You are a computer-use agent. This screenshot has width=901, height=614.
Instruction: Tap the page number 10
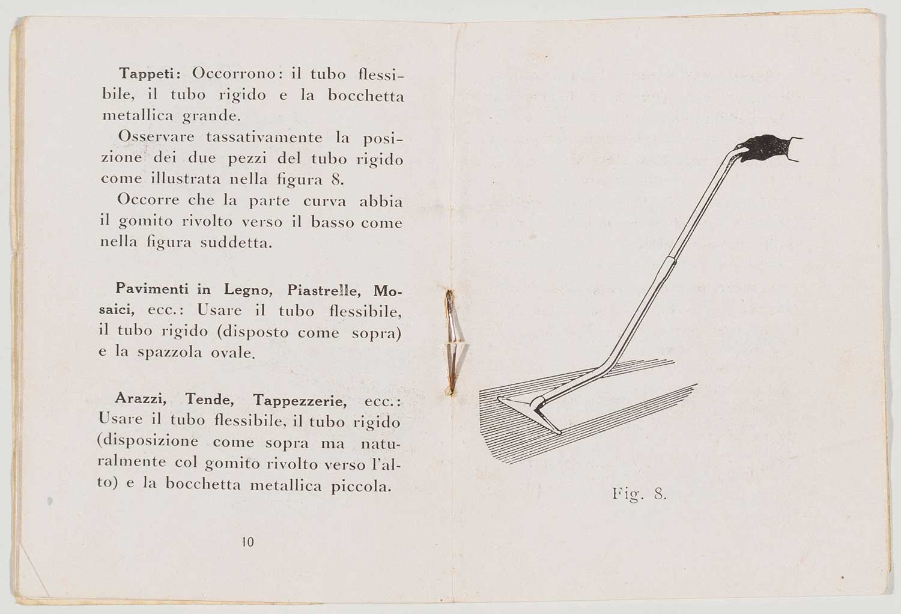point(247,542)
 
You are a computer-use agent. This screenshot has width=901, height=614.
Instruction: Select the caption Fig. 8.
point(639,495)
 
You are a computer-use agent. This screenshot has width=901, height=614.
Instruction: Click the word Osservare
point(156,137)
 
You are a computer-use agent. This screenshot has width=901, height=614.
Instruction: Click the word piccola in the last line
point(361,486)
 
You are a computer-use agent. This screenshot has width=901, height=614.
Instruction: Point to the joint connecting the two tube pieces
point(668,260)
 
